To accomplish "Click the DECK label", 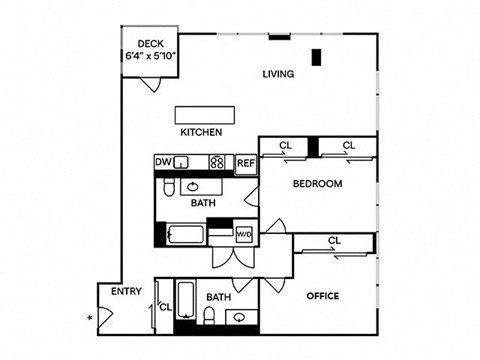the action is [151, 44].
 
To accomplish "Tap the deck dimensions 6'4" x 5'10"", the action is [150, 55].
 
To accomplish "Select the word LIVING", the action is [278, 74].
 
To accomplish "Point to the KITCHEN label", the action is [201, 132].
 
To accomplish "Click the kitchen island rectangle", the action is [205, 115].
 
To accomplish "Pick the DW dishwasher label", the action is [163, 162].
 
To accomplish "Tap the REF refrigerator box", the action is [246, 164].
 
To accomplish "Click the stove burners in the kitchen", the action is [217, 162].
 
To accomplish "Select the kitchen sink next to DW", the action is [182, 163].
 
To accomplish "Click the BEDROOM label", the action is [317, 184].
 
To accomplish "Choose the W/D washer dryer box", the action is [244, 234].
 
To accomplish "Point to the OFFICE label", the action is [323, 296].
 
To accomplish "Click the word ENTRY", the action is [126, 291].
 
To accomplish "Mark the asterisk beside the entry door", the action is [90, 318].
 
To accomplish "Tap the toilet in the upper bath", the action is [169, 188].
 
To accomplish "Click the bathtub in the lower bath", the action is [185, 300].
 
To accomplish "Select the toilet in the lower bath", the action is [209, 315].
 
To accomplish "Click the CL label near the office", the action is [334, 240].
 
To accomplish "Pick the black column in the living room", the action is [316, 57].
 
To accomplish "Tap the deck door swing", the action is [151, 84].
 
